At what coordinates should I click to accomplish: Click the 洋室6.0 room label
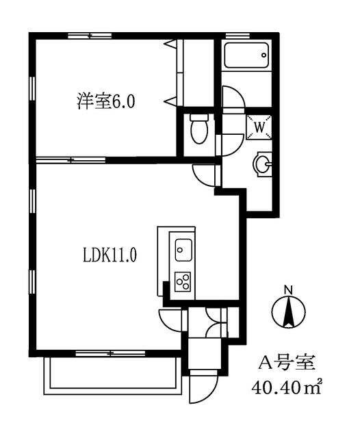[x=106, y=101]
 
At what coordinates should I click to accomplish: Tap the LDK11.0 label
[x=110, y=255]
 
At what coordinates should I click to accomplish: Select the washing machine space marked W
[x=259, y=127]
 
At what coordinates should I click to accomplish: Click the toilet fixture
[x=199, y=129]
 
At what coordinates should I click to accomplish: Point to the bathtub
[x=246, y=55]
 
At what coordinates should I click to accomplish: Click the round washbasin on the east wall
[x=262, y=164]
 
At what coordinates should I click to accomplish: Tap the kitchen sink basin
[x=183, y=250]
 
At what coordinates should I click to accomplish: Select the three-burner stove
[x=183, y=281]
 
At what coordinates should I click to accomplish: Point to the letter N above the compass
[x=288, y=290]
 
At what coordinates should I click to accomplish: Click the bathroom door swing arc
[x=237, y=93]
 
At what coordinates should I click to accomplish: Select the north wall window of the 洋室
[x=90, y=36]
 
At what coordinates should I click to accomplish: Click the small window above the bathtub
[x=237, y=36]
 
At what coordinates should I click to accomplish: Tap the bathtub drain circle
[x=264, y=55]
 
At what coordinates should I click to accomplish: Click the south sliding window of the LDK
[x=111, y=353]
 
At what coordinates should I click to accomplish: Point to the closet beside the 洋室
[x=195, y=73]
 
